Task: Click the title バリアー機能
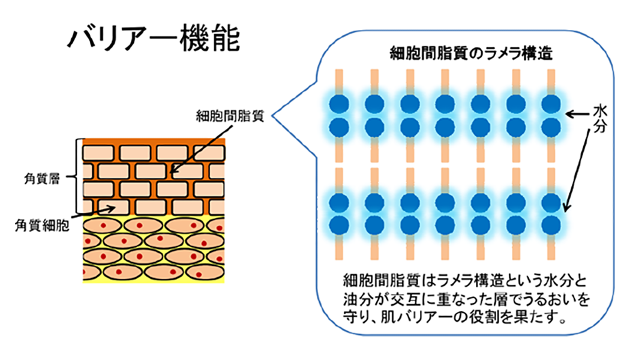pyautogui.click(x=154, y=39)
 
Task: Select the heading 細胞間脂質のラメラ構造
pyautogui.click(x=470, y=53)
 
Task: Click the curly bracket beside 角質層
pyautogui.click(x=76, y=178)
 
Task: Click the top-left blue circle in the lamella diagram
pyautogui.click(x=338, y=103)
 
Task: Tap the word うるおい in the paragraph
pyautogui.click(x=551, y=298)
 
